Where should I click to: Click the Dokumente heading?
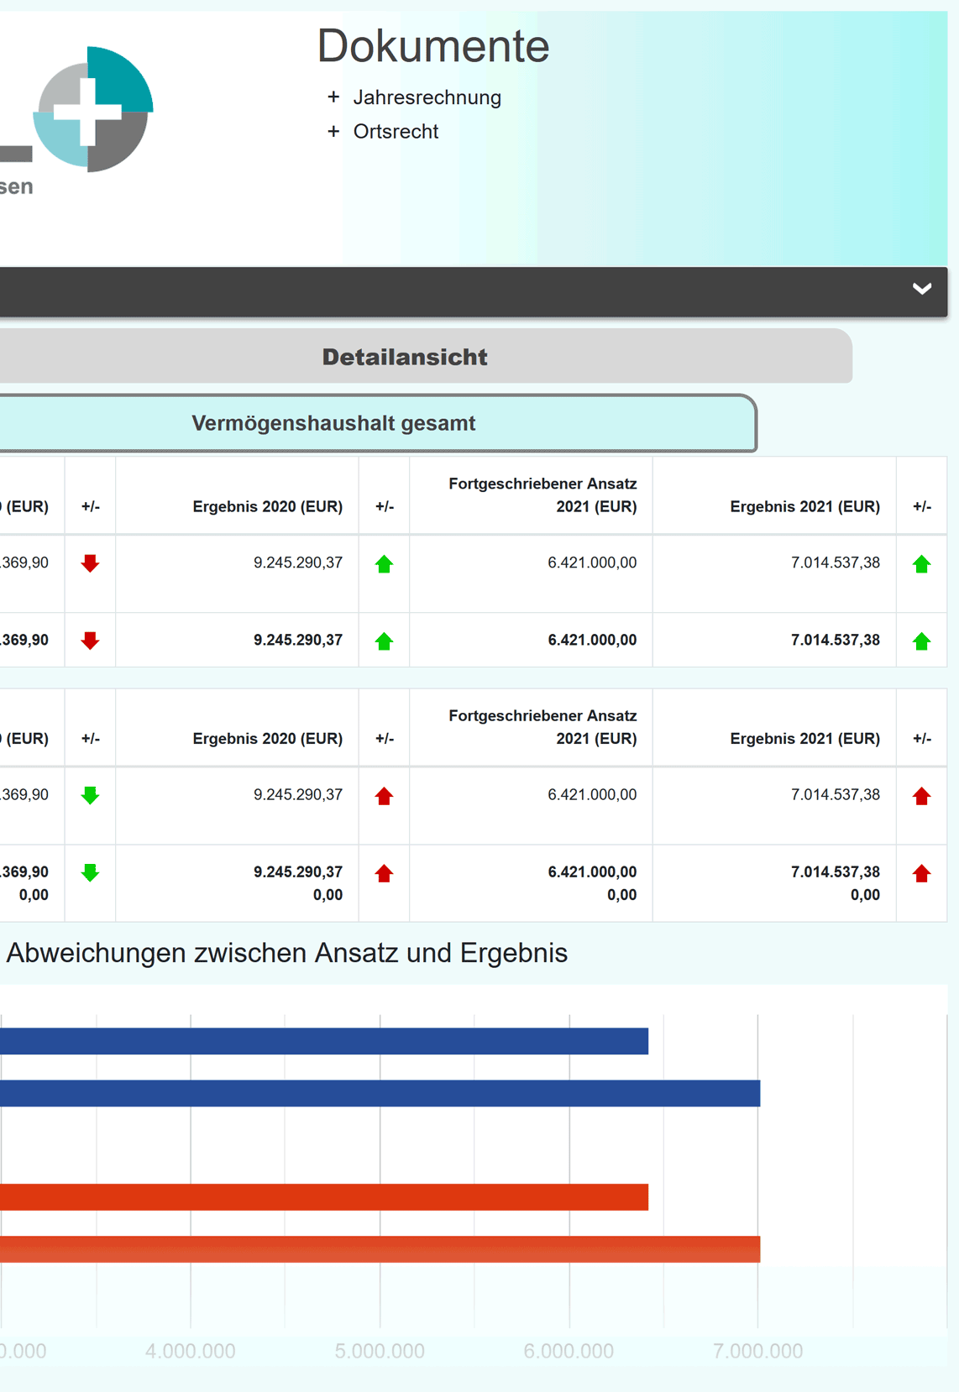[x=432, y=46]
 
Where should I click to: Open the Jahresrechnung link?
[x=427, y=97]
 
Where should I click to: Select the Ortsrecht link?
[x=396, y=132]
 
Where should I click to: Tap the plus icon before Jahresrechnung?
[x=333, y=97]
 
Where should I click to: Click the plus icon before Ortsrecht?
[x=333, y=132]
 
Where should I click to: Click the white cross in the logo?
[x=88, y=110]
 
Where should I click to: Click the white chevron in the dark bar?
[x=921, y=289]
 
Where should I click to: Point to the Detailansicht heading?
[x=405, y=357]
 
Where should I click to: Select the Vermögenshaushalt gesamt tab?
[x=333, y=423]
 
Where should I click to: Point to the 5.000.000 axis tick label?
[x=380, y=1351]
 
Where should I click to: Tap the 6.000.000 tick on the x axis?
[x=569, y=1351]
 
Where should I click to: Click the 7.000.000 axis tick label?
[x=757, y=1351]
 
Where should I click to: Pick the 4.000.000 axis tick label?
[x=191, y=1351]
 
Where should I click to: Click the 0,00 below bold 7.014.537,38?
[x=865, y=895]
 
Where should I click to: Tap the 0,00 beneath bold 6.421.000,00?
[x=621, y=895]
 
